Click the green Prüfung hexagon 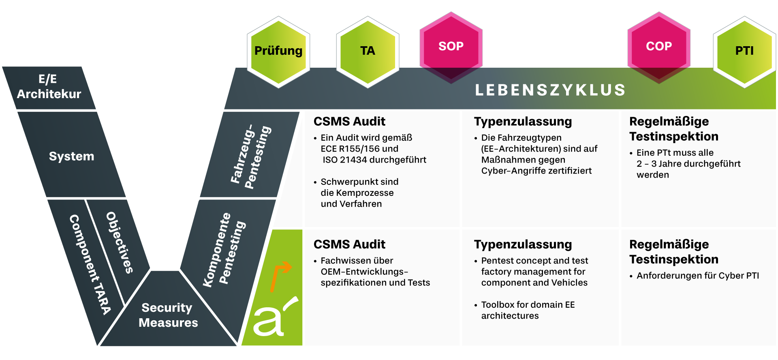[x=278, y=51]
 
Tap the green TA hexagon [x=368, y=51]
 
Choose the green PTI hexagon [x=744, y=51]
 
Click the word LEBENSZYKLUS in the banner [x=550, y=90]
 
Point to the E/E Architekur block [x=49, y=87]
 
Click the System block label [x=71, y=156]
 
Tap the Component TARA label [x=90, y=264]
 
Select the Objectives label [x=120, y=242]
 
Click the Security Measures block [x=168, y=315]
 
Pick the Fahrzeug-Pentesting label [x=251, y=156]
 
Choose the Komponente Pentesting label [x=224, y=250]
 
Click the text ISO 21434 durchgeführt [x=374, y=160]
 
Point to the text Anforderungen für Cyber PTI [x=697, y=276]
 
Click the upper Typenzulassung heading [x=523, y=121]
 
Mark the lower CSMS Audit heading [x=349, y=244]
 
